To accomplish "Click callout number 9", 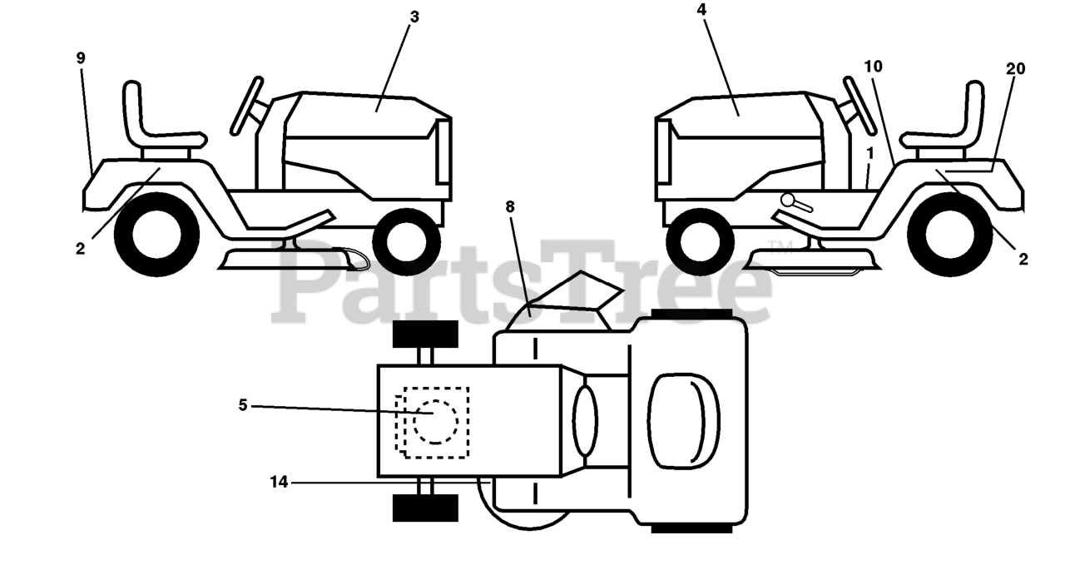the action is [81, 58].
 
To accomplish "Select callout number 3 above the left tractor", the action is [414, 17].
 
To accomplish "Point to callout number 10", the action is [873, 66].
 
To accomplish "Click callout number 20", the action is [1015, 69].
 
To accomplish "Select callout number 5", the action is [243, 405].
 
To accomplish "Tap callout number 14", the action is [279, 481].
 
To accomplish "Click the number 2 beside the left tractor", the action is [80, 248].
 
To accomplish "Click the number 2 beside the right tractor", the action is [1023, 259].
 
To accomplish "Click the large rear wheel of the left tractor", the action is [156, 234].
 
